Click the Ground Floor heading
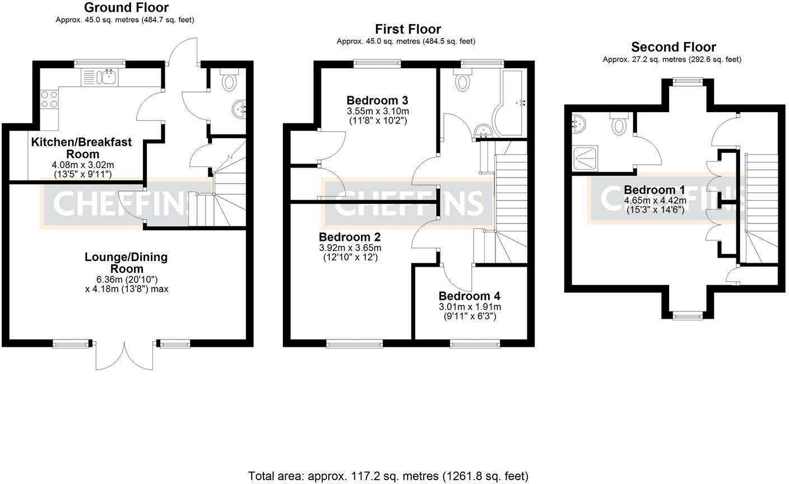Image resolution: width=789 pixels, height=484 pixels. click(127, 7)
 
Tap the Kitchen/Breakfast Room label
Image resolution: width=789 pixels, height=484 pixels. click(81, 148)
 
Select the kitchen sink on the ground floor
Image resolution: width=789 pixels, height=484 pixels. click(100, 77)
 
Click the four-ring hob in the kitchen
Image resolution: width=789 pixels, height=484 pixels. click(49, 99)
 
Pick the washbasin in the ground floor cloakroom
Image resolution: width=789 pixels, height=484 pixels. click(239, 109)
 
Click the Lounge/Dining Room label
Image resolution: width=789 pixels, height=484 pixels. click(127, 263)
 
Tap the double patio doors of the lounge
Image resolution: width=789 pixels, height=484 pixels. click(124, 356)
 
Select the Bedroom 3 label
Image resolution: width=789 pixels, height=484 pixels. click(377, 101)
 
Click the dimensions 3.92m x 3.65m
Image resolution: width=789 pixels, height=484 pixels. click(350, 248)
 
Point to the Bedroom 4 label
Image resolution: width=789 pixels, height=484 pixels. click(470, 296)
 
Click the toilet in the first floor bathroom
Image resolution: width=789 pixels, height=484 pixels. click(462, 79)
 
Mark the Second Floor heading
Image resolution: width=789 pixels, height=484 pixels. click(674, 47)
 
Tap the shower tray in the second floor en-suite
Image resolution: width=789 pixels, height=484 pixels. click(585, 159)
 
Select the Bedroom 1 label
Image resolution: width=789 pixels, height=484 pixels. click(655, 190)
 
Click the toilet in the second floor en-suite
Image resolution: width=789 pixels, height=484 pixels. click(619, 124)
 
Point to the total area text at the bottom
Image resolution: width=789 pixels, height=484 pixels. click(388, 476)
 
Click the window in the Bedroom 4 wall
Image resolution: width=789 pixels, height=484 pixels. click(475, 343)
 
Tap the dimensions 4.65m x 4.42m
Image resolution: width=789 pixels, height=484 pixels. click(655, 201)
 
